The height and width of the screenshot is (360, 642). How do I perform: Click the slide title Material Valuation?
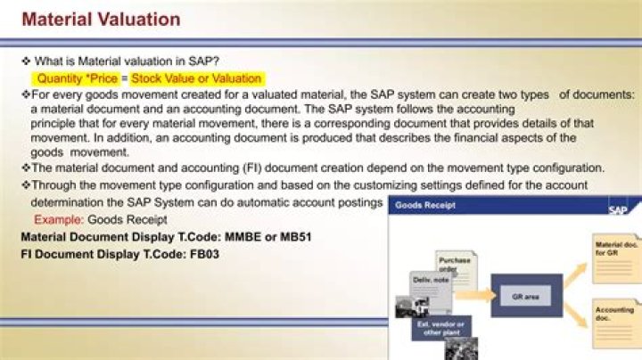100,19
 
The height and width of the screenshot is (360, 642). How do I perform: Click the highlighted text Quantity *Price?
77,78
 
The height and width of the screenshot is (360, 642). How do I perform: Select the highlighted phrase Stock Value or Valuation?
196,78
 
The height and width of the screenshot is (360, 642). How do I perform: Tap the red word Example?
59,219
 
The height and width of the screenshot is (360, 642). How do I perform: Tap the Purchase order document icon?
455,267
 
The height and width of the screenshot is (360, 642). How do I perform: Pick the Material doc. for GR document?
614,253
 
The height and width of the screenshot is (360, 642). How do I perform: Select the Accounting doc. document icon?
614,319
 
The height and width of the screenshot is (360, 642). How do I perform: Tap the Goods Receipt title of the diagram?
425,205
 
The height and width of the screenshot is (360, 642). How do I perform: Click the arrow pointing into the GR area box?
479,290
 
